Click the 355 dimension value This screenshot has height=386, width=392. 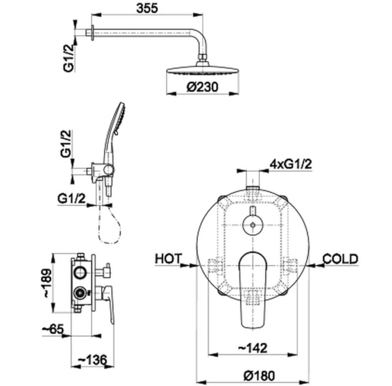coord(147,8)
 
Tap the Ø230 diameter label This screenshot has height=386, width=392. coord(202,87)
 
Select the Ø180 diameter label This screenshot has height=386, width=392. coord(259,376)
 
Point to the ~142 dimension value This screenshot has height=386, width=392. coord(252,348)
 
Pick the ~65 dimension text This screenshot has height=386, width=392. coord(53,329)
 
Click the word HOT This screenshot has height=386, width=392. coord(169,259)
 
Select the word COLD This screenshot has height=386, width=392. coord(340,259)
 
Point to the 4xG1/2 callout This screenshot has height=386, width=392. coord(291,164)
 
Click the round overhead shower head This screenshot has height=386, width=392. coord(203,69)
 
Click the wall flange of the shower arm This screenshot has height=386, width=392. coord(92,33)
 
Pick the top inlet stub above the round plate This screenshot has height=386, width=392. coord(253,188)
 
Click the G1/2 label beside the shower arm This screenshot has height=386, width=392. coord(69,58)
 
